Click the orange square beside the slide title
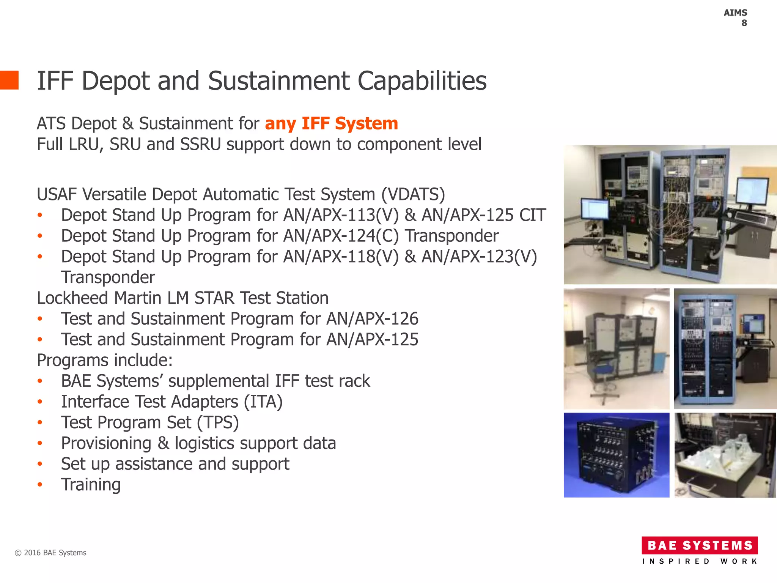[9, 80]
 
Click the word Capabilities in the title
[422, 81]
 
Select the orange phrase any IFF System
[331, 124]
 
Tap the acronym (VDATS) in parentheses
[413, 194]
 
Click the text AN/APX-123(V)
[479, 257]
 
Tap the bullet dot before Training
[40, 485]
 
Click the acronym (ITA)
[263, 402]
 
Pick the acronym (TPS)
[218, 423]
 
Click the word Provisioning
[106, 443]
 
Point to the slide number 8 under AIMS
[744, 23]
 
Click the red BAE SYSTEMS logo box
[700, 545]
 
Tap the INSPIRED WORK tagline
[700, 561]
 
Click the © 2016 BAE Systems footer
[50, 553]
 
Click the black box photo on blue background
[616, 455]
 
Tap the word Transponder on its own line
[108, 277]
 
